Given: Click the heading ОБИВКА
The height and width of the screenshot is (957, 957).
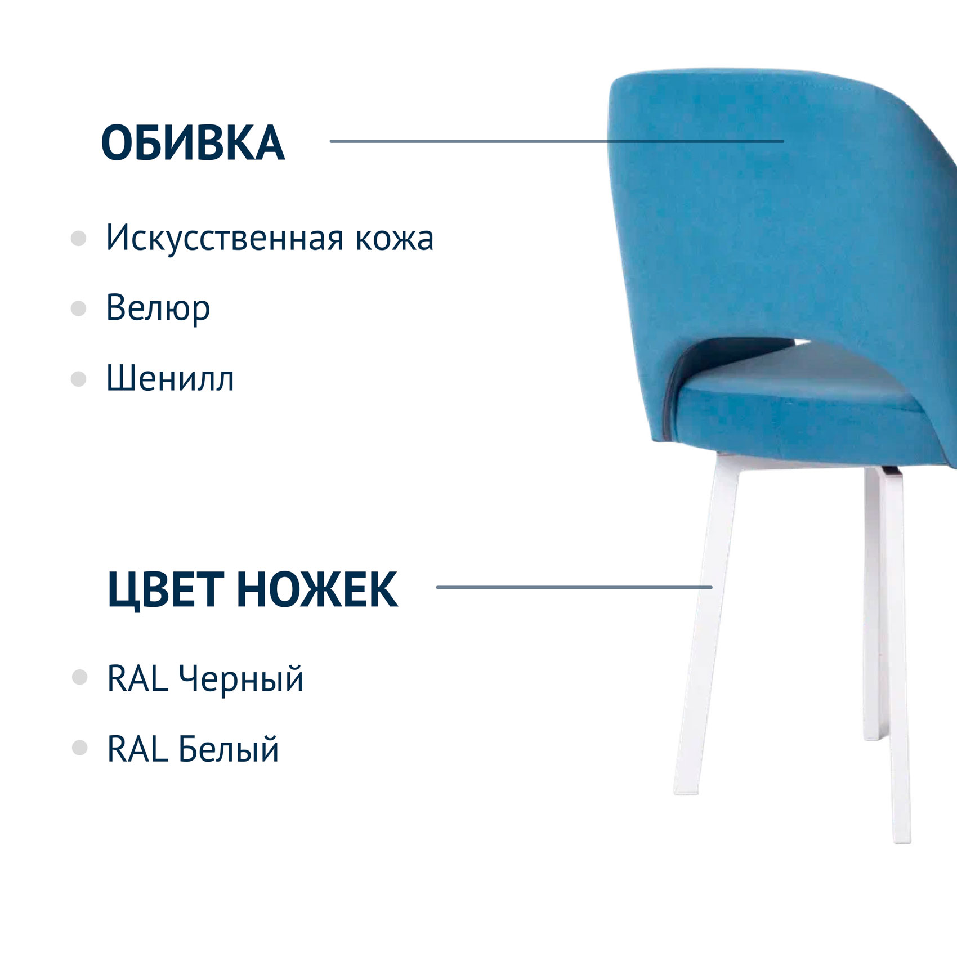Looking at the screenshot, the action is (193, 143).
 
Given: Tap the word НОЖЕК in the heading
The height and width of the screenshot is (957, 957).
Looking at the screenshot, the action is (317, 589).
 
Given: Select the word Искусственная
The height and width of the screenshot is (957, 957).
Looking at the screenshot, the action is (224, 237).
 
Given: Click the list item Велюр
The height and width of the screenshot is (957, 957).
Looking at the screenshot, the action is (158, 308).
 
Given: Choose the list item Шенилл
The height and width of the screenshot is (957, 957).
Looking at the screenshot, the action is (170, 378).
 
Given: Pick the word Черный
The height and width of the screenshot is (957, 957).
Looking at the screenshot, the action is (241, 679).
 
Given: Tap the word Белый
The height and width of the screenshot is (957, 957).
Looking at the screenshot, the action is (229, 749).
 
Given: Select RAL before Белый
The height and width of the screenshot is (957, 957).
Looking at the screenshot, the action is (137, 749).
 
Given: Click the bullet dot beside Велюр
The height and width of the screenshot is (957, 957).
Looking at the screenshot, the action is (78, 308).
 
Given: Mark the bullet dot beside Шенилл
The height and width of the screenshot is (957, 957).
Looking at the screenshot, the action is (78, 379).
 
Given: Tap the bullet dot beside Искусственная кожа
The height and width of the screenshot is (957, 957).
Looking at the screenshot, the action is (78, 239).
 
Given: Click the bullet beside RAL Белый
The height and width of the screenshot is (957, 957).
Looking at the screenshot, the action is (80, 748).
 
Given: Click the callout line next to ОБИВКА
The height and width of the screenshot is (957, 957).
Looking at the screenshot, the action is (557, 141).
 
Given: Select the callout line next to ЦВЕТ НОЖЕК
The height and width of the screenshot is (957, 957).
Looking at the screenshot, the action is (574, 587).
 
